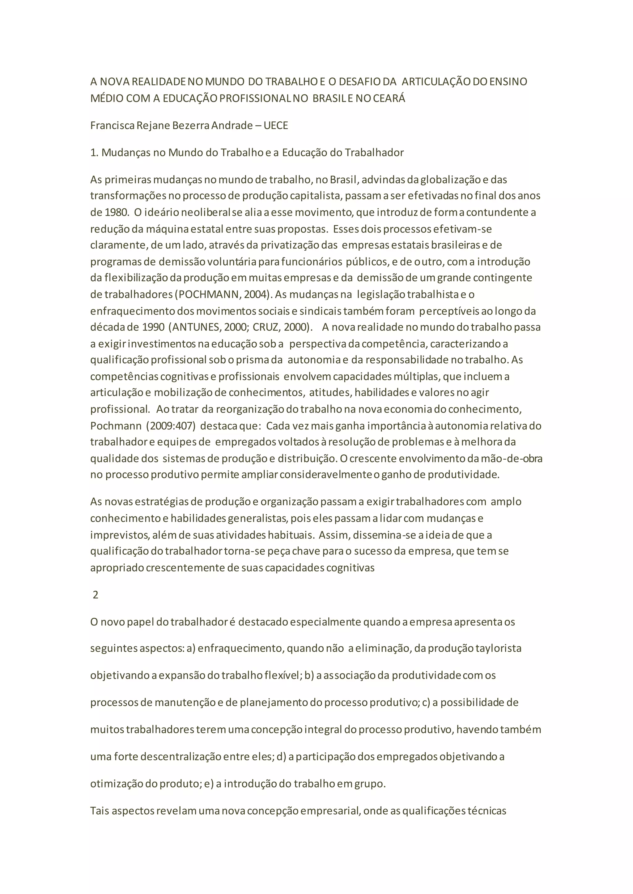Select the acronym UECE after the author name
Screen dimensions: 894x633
coord(276,125)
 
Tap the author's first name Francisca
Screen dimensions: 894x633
coord(112,125)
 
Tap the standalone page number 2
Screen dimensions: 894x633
coord(96,595)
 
